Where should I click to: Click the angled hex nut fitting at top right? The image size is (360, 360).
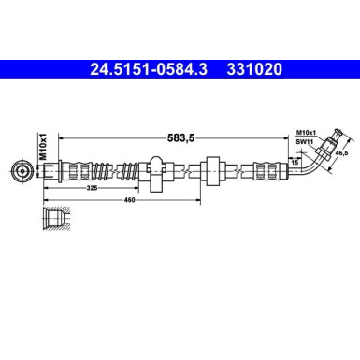click(324, 143)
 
